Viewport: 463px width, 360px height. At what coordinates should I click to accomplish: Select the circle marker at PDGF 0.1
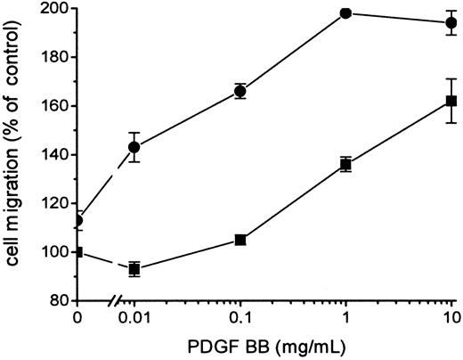(240, 91)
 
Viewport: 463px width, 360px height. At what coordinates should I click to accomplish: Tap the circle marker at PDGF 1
(345, 13)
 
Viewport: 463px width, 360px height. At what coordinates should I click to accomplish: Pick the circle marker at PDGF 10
(451, 22)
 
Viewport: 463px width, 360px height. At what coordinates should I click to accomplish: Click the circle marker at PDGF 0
(78, 220)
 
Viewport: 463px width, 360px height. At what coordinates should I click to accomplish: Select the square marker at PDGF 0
(78, 252)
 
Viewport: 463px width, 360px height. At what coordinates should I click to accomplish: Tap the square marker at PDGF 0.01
(134, 268)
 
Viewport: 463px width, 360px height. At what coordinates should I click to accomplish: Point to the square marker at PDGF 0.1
(240, 240)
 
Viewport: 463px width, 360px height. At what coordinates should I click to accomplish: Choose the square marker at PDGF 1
(345, 164)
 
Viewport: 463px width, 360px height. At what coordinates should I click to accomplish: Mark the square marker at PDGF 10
(451, 101)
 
